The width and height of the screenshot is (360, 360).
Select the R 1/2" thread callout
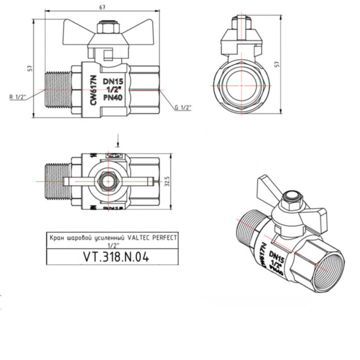coord(17,96)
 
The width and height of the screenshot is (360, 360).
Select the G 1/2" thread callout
coord(183,107)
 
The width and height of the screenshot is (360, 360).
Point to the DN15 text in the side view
coord(113,81)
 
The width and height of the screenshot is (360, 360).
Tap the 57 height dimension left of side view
coord(30,68)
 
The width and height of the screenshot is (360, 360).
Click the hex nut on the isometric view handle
coord(293,197)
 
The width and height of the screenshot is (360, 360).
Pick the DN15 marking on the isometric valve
coord(277,256)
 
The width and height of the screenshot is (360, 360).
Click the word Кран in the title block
coord(56,238)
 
